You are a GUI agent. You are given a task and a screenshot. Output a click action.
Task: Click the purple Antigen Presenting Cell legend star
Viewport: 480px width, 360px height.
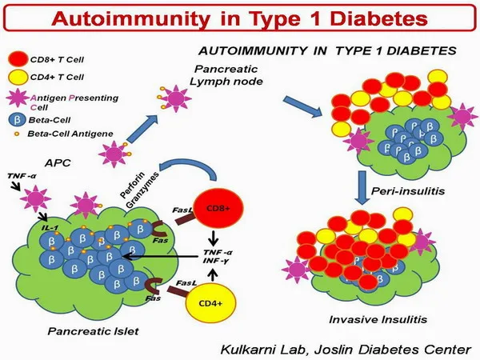tap(18, 99)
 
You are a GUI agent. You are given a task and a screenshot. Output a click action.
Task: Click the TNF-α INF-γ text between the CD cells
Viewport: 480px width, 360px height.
tap(207, 257)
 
